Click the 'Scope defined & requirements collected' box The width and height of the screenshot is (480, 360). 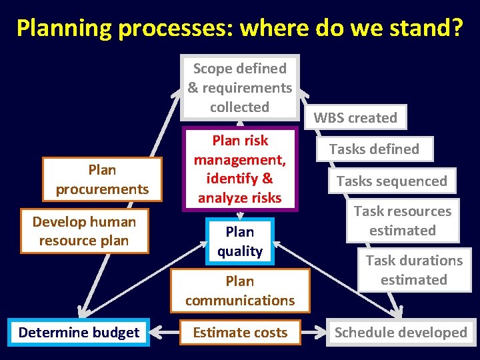[x=239, y=87]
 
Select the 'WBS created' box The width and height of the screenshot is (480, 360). [x=355, y=118]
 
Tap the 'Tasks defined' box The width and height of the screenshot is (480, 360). [x=374, y=149]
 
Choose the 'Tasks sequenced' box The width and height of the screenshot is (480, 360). [x=391, y=181]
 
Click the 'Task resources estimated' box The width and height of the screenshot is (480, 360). [x=402, y=221]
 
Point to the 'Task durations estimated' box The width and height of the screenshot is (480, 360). [x=413, y=270]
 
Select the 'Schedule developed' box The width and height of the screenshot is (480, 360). [x=401, y=333]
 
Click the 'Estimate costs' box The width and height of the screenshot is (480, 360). [x=240, y=333]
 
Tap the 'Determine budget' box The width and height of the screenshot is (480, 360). [x=79, y=333]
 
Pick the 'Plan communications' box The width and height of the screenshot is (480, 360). [x=240, y=291]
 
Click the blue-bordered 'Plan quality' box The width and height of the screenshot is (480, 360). [x=240, y=241]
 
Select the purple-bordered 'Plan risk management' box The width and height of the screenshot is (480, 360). [x=240, y=169]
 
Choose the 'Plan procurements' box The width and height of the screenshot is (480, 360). [x=102, y=179]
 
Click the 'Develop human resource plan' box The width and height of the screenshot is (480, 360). [x=84, y=231]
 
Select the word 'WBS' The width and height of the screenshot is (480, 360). [x=327, y=118]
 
